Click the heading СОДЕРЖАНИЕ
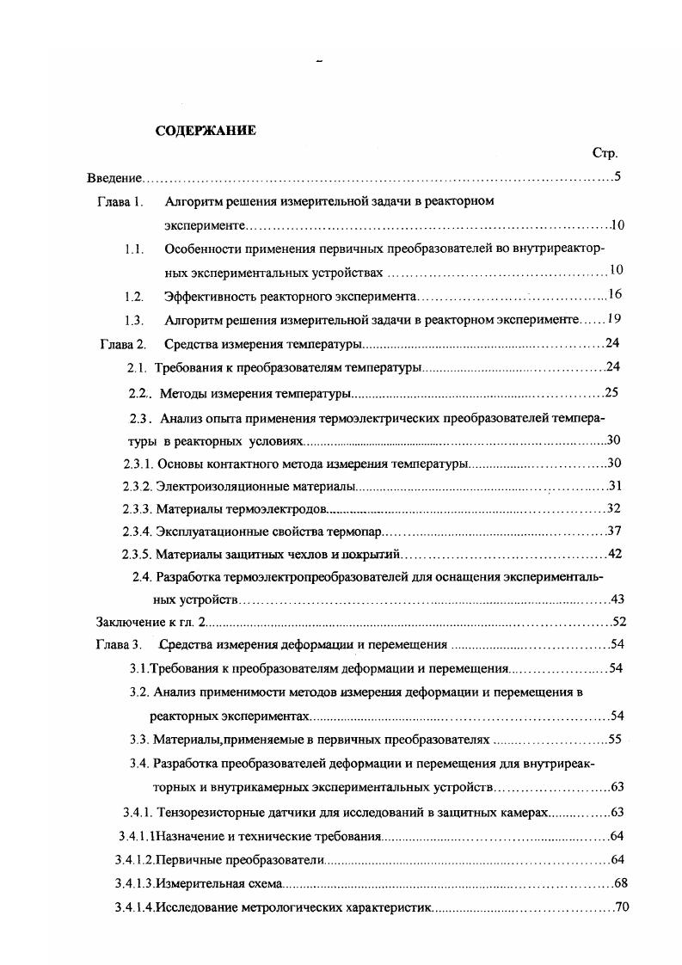pos(205,131)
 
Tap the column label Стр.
pos(605,153)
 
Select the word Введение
pos(114,178)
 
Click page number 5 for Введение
pos(617,178)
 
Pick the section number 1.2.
pos(132,296)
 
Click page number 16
pos(614,296)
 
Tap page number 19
pos(613,319)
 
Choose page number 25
pos(611,394)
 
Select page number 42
pos(614,554)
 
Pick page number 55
pos(615,739)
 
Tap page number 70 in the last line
pos(624,907)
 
